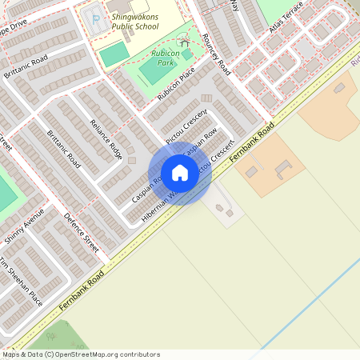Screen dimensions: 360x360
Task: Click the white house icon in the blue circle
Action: click(x=180, y=173)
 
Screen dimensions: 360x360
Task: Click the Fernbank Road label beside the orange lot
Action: click(x=251, y=143)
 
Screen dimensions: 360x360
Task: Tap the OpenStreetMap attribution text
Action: click(x=80, y=354)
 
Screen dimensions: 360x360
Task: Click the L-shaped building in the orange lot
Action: click(x=284, y=170)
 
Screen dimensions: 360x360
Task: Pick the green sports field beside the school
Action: click(x=114, y=54)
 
